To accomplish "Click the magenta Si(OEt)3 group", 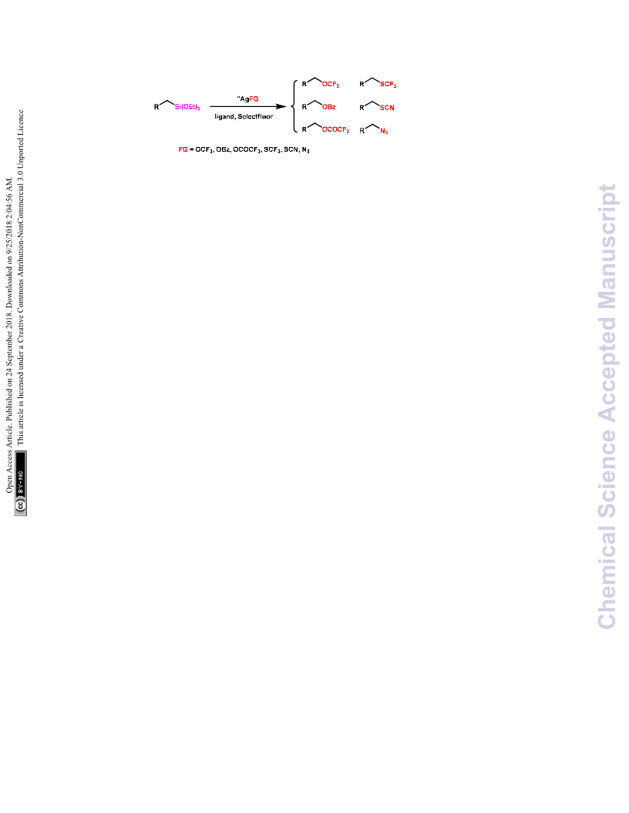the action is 187,107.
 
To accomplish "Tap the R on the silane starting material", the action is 156,107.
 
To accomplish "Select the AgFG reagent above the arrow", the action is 247,99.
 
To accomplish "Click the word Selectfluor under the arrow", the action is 255,117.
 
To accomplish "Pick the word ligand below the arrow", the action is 224,117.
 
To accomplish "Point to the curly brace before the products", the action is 294,106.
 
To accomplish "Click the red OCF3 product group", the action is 331,85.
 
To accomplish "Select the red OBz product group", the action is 328,107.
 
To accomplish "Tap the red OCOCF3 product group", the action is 336,129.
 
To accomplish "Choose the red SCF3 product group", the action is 388,85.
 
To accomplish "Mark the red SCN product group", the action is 387,108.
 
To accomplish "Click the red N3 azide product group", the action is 384,131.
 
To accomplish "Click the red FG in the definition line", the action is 183,149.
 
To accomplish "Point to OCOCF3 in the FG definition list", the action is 247,150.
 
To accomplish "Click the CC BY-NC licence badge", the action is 21,483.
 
